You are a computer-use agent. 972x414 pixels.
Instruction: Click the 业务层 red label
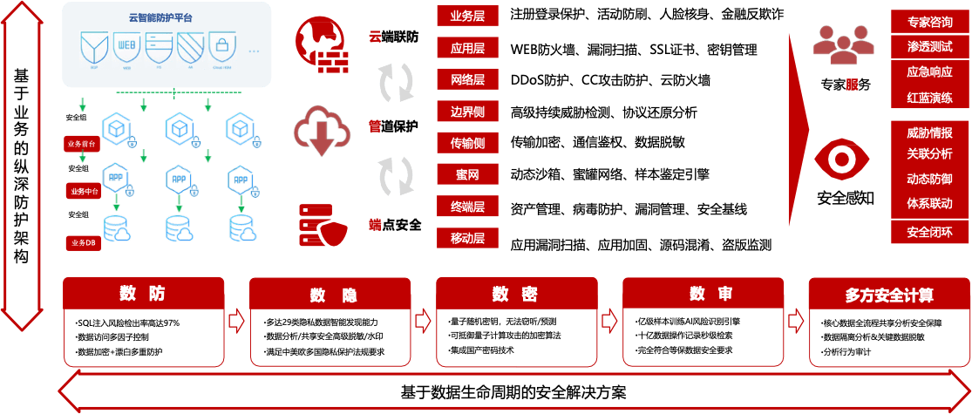tap(467, 16)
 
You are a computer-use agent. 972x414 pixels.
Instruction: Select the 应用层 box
tap(467, 48)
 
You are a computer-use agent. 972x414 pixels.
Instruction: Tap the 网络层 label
tap(467, 79)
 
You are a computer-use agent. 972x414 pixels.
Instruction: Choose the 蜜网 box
tap(467, 174)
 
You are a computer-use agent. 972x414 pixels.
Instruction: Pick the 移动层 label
tap(467, 237)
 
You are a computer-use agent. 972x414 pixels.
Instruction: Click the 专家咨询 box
tap(929, 23)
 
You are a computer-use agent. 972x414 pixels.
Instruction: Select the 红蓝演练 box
tap(929, 97)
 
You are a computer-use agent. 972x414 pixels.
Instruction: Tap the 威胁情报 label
tap(929, 133)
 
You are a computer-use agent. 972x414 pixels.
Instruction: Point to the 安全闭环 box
tap(929, 233)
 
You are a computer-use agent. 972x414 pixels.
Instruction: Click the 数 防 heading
tap(144, 294)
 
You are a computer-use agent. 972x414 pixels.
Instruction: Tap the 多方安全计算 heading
tap(888, 295)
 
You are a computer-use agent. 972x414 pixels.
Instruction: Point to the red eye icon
tap(841, 159)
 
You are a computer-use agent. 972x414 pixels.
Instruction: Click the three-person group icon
tap(842, 46)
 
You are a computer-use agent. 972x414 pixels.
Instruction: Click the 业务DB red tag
tap(83, 242)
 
